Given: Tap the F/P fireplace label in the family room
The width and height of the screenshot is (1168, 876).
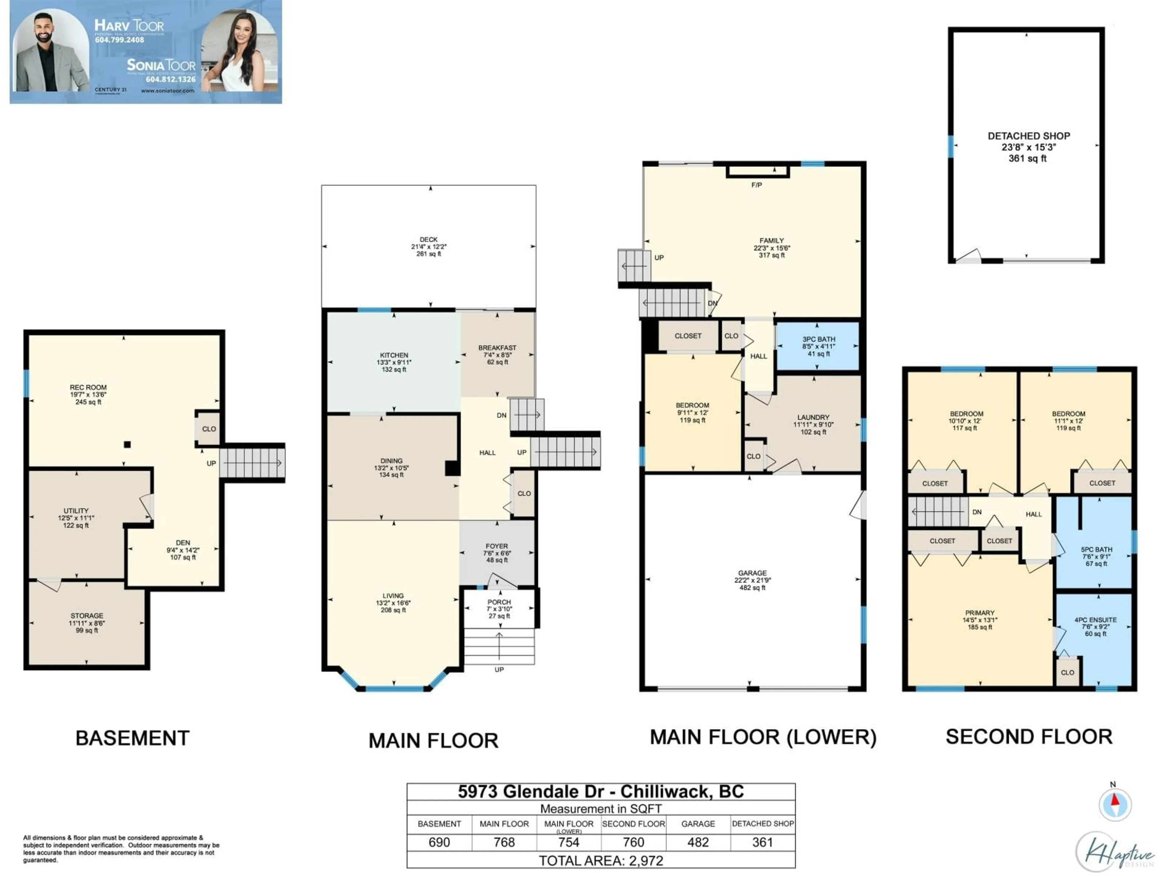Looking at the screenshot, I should pos(756,185).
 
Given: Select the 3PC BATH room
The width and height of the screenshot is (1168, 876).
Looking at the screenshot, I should pos(818,346).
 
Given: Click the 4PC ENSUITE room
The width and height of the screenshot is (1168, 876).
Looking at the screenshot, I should pos(1095,626).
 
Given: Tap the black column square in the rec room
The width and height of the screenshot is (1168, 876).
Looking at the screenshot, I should pos(127,445).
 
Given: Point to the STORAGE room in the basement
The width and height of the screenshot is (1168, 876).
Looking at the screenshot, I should pos(87,623).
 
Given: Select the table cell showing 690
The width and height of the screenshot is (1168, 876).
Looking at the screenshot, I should pos(439,842).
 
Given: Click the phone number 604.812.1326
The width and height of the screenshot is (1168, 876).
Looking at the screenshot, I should pos(171,79).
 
